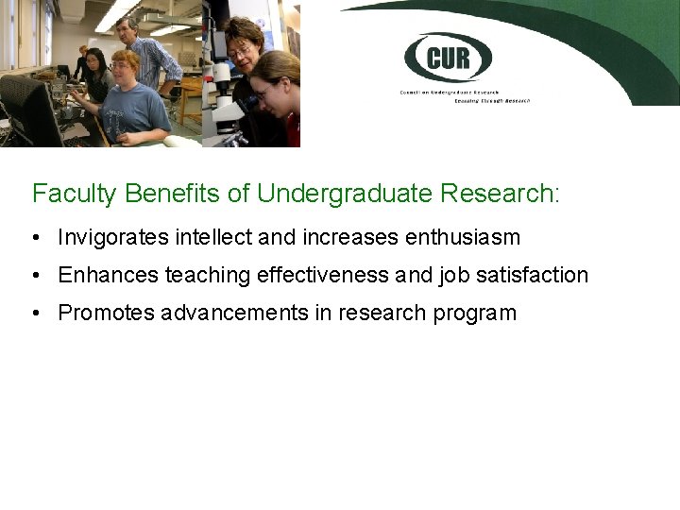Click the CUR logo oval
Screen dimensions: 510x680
[449, 58]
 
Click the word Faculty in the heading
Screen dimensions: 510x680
[74, 195]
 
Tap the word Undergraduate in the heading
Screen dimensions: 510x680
[345, 195]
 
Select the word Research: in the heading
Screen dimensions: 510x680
[500, 195]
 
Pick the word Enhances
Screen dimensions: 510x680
[109, 275]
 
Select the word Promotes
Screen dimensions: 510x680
[107, 314]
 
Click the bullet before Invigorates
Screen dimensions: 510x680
[35, 237]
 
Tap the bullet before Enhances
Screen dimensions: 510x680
[35, 275]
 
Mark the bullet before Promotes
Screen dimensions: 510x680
[35, 314]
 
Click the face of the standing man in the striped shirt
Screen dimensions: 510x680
[130, 28]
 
